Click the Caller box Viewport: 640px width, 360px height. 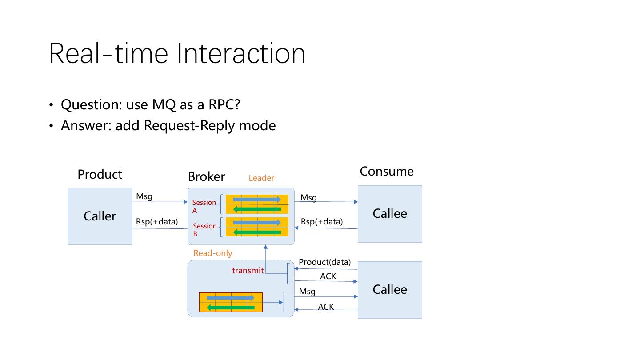[100, 216]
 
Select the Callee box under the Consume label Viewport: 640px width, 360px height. [390, 214]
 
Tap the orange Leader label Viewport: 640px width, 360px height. [261, 178]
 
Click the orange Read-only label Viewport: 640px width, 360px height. [213, 253]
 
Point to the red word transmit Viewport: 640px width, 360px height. [248, 270]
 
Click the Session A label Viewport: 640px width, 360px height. [204, 206]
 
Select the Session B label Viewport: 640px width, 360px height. [204, 230]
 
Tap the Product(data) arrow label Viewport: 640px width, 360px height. [324, 262]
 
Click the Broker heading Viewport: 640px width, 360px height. [206, 177]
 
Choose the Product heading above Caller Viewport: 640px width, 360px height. [100, 174]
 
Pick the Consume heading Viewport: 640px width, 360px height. [387, 172]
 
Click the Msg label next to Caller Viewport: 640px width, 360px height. [144, 196]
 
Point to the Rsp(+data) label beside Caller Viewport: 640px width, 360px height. [157, 221]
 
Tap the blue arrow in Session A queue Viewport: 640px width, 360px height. [257, 200]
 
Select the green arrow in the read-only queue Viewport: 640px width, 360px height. [231, 307]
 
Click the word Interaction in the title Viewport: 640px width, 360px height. [241, 54]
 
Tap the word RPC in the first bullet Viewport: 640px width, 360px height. [224, 105]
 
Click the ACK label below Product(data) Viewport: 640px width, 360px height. [328, 276]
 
